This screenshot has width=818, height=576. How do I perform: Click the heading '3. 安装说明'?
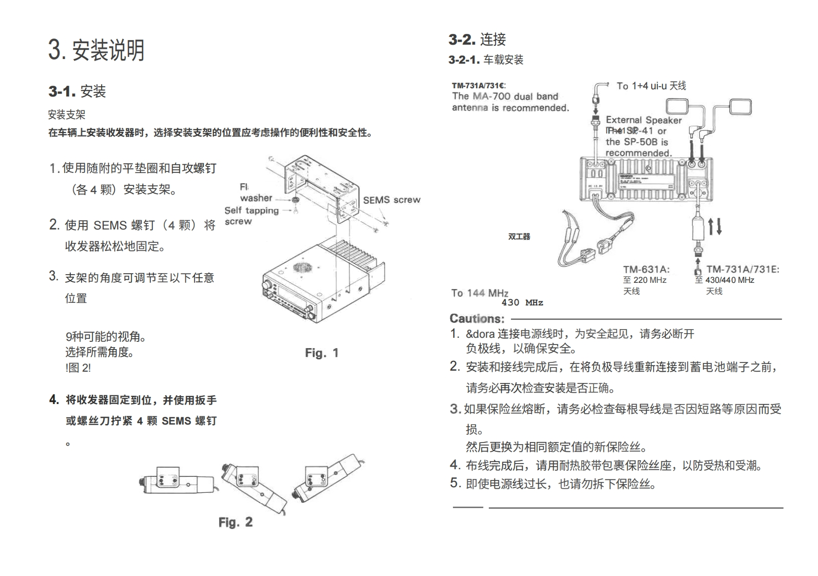click(97, 50)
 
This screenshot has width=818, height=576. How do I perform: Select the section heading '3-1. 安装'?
click(78, 91)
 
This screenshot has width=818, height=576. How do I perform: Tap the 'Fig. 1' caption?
click(321, 353)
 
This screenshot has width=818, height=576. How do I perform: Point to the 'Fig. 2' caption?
click(235, 522)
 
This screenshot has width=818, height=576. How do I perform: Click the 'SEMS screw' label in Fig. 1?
click(391, 200)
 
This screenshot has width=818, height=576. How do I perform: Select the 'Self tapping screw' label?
click(251, 216)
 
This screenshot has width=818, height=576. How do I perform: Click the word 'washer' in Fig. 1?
click(256, 198)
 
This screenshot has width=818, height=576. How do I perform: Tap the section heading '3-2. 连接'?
click(477, 39)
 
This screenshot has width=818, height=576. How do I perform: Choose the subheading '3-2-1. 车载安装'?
click(486, 60)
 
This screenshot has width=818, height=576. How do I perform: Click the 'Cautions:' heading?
click(477, 318)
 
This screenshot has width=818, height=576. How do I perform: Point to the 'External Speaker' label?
click(643, 120)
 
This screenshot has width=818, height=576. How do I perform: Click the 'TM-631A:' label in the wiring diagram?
click(646, 269)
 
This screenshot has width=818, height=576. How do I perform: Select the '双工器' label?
click(519, 237)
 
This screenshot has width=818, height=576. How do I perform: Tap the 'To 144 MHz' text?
click(480, 293)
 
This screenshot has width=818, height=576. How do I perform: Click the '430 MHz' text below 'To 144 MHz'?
click(522, 303)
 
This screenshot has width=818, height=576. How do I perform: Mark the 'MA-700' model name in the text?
click(492, 96)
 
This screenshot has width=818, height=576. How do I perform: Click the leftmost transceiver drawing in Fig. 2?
click(176, 482)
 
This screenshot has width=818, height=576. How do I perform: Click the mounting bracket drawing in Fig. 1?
click(322, 187)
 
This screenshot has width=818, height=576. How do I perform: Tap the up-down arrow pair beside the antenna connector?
click(715, 226)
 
